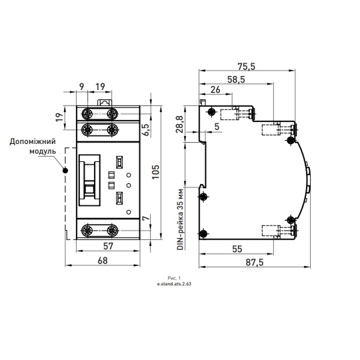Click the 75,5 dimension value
click(247, 67)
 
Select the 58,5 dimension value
click(236, 79)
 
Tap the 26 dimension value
click(215, 89)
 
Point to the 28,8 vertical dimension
click(180, 124)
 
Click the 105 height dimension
click(155, 172)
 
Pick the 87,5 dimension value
click(255, 262)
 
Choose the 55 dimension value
click(237, 249)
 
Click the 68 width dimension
click(103, 261)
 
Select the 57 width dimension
click(108, 246)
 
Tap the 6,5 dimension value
click(147, 130)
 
